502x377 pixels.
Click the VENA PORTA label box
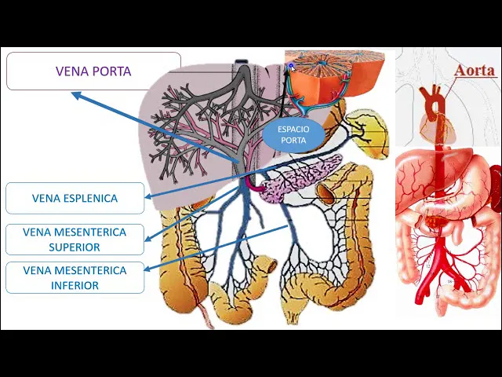click(93, 71)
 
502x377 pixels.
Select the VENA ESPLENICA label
click(75, 198)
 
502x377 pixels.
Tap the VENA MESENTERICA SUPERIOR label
click(75, 240)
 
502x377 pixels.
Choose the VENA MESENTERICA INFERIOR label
click(75, 278)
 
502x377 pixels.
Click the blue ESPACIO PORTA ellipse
click(293, 134)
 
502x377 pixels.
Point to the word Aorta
click(475, 71)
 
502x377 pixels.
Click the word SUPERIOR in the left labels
click(75, 247)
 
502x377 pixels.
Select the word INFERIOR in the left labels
click(75, 286)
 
